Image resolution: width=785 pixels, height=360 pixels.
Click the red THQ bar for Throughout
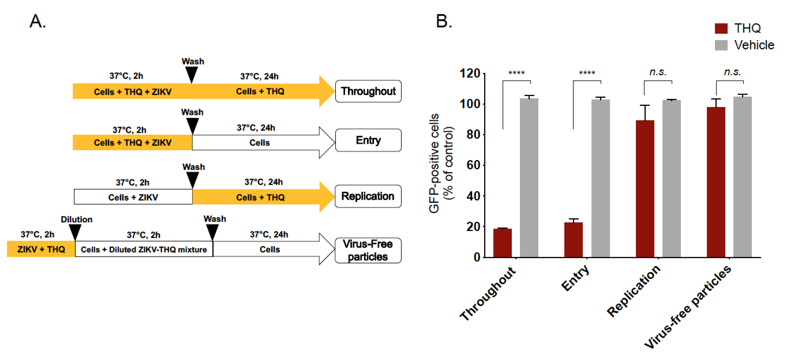point(502,243)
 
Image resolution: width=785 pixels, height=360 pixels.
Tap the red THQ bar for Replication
point(645,189)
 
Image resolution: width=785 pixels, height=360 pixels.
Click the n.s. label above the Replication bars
point(658,72)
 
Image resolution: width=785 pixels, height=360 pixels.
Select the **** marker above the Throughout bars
point(517,73)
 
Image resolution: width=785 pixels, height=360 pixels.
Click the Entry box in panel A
point(368,140)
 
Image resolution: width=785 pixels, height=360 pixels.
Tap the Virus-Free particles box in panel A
point(368,250)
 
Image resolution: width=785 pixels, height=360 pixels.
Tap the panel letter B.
point(444,21)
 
